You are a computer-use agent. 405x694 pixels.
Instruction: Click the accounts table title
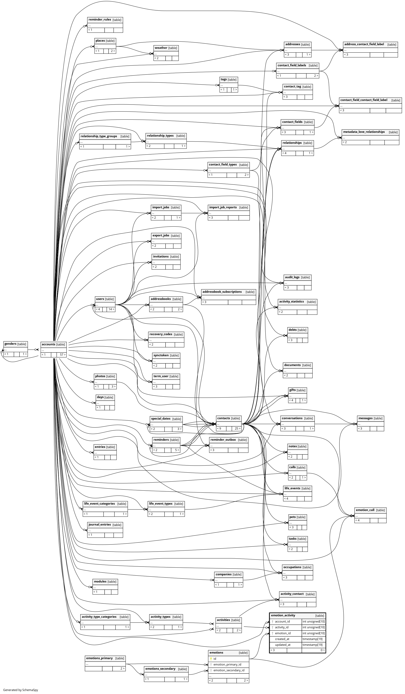click(x=48, y=344)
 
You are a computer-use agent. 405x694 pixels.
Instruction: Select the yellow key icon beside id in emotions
click(x=211, y=659)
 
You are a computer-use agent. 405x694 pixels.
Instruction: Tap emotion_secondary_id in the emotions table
click(x=229, y=670)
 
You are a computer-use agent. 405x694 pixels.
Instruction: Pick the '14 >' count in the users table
click(x=111, y=309)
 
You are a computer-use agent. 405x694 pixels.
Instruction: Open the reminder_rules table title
click(x=100, y=20)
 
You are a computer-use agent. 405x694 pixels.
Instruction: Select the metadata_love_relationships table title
click(x=364, y=132)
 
